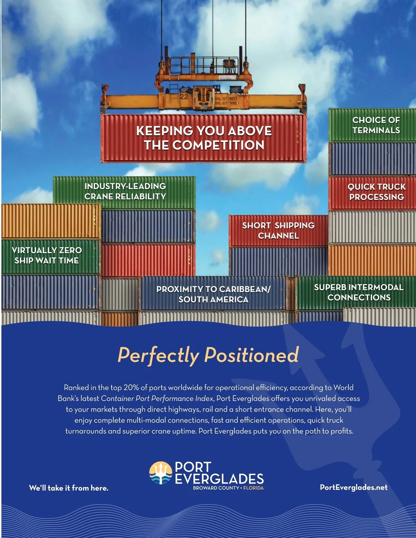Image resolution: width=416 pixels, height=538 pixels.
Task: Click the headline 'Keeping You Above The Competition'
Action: click(x=204, y=138)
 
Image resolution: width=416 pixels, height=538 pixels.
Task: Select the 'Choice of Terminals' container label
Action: click(x=376, y=125)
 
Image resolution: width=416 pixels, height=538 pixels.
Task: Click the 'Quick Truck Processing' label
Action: click(x=376, y=192)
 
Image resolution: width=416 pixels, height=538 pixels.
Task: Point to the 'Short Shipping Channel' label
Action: click(x=278, y=231)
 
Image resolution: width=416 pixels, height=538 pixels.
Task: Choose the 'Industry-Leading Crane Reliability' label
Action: click(x=125, y=191)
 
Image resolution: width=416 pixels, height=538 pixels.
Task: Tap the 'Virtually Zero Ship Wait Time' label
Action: click(x=47, y=255)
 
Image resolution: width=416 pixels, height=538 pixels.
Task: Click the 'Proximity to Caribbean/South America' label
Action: click(x=213, y=294)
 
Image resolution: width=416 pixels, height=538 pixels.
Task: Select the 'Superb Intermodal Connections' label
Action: click(x=359, y=292)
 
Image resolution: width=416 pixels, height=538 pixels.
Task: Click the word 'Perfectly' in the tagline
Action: click(x=158, y=355)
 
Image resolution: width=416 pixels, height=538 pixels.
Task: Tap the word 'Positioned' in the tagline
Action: click(x=251, y=355)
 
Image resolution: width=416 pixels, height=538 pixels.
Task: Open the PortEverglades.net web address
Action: click(x=354, y=487)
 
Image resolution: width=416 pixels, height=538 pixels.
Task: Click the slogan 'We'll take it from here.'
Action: click(x=69, y=488)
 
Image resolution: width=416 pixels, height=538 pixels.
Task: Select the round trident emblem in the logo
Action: click(x=161, y=473)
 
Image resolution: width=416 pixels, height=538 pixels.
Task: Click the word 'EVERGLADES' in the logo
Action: click(x=219, y=479)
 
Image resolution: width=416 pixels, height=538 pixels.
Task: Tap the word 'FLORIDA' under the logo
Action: click(x=253, y=488)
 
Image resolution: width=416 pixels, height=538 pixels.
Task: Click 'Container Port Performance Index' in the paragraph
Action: click(x=157, y=399)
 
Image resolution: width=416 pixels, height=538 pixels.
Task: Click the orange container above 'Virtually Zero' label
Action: click(x=51, y=221)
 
